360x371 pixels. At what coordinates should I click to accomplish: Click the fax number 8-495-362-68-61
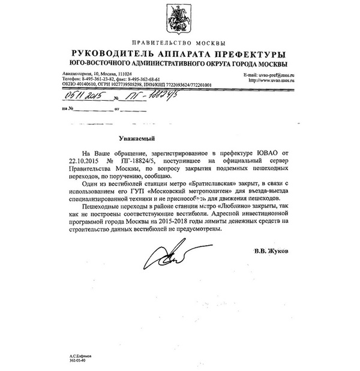pyautogui.click(x=141, y=79)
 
